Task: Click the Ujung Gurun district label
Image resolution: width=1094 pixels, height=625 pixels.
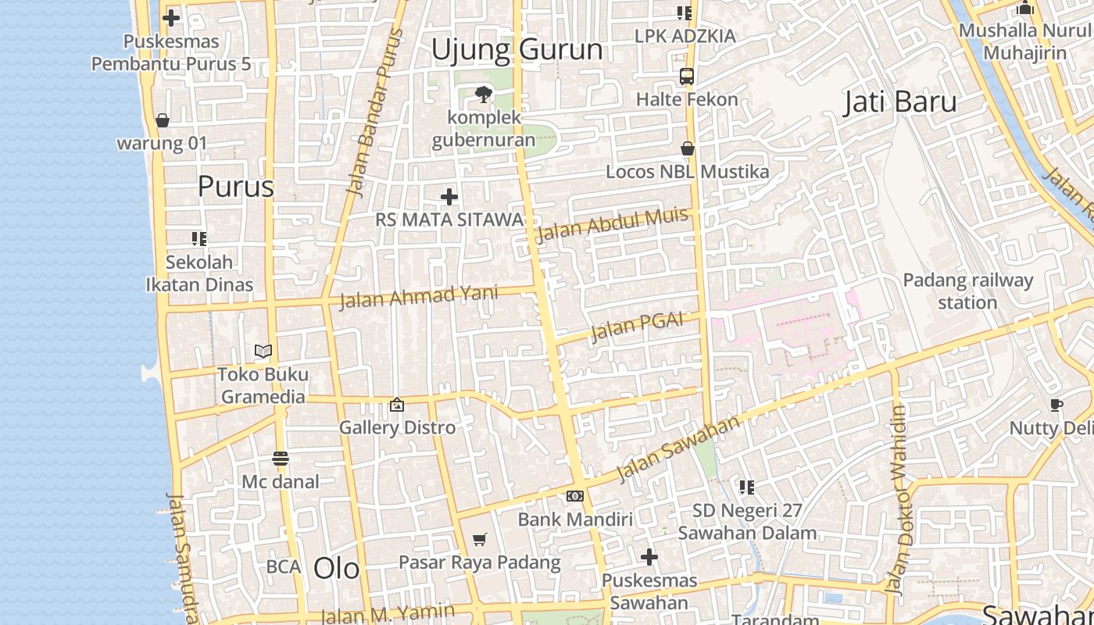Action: click(x=517, y=50)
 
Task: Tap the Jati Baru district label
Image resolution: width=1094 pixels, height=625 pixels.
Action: click(x=900, y=102)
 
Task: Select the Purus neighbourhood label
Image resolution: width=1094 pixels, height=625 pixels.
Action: click(x=235, y=187)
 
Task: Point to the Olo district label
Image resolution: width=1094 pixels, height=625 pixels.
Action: click(x=336, y=569)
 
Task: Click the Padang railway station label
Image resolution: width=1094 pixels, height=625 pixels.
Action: click(x=967, y=291)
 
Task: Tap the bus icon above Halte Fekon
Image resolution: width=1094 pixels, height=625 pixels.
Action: click(x=687, y=77)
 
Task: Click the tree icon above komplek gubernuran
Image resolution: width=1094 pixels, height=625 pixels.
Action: click(x=484, y=95)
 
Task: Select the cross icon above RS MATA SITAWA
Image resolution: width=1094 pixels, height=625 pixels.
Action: click(x=449, y=197)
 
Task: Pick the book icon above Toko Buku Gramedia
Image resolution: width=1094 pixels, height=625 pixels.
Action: click(x=263, y=352)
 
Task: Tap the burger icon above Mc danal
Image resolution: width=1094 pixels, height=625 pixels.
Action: click(x=281, y=459)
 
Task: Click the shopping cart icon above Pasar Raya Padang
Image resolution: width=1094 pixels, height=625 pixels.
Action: click(x=480, y=539)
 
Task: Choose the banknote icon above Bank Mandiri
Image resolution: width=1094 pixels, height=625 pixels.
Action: click(x=574, y=496)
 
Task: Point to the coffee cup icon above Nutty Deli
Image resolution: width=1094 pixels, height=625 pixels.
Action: click(x=1056, y=405)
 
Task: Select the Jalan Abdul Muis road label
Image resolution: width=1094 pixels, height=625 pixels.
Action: click(x=612, y=224)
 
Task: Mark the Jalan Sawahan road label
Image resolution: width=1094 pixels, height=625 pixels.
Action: click(x=677, y=449)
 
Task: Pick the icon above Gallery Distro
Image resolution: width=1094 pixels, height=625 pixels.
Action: click(x=397, y=405)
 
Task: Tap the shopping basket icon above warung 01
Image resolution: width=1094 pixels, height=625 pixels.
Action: click(x=163, y=120)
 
